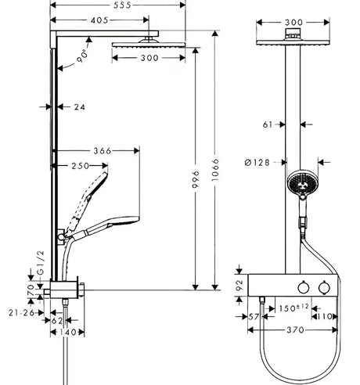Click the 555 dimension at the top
[x=104, y=5]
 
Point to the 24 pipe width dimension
[x=78, y=107]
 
